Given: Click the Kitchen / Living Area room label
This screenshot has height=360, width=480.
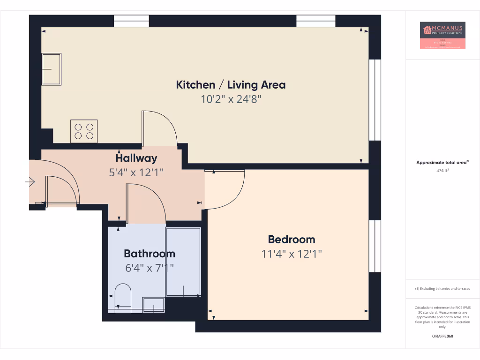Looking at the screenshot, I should (x=231, y=85).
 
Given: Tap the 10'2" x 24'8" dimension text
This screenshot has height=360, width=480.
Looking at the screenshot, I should (x=231, y=99).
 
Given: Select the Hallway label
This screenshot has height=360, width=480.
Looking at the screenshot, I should (x=136, y=158).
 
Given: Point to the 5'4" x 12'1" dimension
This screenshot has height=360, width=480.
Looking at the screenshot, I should (x=136, y=172).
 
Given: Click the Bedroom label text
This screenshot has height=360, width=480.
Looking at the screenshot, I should (x=292, y=240).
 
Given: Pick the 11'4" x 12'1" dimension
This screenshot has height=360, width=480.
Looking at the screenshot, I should (x=292, y=254).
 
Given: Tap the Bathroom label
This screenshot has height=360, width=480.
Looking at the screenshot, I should (x=149, y=254).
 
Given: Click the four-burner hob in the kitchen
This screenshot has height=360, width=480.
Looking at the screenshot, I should (x=84, y=131).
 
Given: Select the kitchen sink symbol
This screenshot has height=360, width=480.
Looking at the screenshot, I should (x=51, y=69).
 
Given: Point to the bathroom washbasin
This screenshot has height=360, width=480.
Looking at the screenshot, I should (x=154, y=305).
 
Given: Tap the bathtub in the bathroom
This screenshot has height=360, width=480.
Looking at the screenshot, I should (x=183, y=262).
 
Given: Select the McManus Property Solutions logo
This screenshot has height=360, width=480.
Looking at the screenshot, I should (x=442, y=35).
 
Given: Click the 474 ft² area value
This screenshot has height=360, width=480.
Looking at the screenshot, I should (x=442, y=171).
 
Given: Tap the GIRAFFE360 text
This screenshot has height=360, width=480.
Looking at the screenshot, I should (x=442, y=336).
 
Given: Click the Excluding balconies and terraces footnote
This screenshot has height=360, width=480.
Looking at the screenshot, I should (x=442, y=289).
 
